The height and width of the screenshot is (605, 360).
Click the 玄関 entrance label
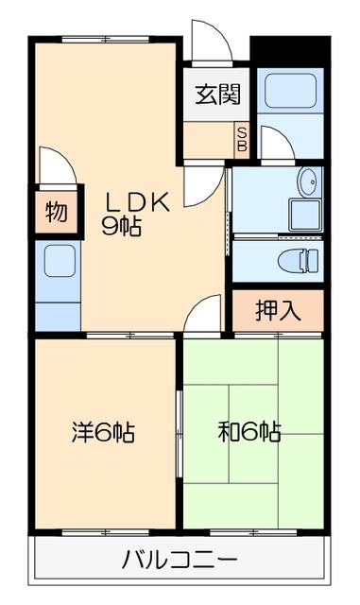click(x=217, y=95)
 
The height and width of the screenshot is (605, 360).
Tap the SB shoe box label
click(x=241, y=141)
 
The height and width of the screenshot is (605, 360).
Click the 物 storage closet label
click(x=56, y=213)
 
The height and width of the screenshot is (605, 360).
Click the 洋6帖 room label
click(x=103, y=433)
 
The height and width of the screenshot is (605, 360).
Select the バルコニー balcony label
click(x=180, y=560)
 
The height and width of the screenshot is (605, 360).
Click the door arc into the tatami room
click(x=203, y=315)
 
